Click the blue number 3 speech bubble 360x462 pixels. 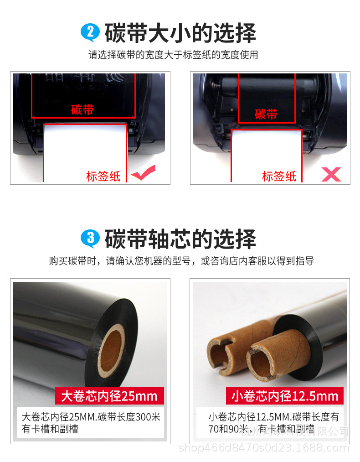[90, 238]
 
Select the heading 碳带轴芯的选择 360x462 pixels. [180, 239]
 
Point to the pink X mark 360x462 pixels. [331, 174]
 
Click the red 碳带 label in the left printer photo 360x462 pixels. [82, 109]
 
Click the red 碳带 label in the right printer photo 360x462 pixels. [266, 114]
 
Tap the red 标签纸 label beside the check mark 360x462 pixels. [103, 176]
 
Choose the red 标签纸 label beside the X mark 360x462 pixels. [279, 176]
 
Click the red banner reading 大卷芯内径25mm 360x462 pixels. [109, 396]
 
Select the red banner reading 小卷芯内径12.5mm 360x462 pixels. [285, 396]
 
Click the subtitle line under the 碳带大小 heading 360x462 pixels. [173, 55]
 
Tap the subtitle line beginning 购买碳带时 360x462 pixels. [181, 261]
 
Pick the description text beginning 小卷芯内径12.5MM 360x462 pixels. [273, 423]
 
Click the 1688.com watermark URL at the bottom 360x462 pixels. [264, 448]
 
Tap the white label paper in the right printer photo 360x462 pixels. [267, 155]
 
